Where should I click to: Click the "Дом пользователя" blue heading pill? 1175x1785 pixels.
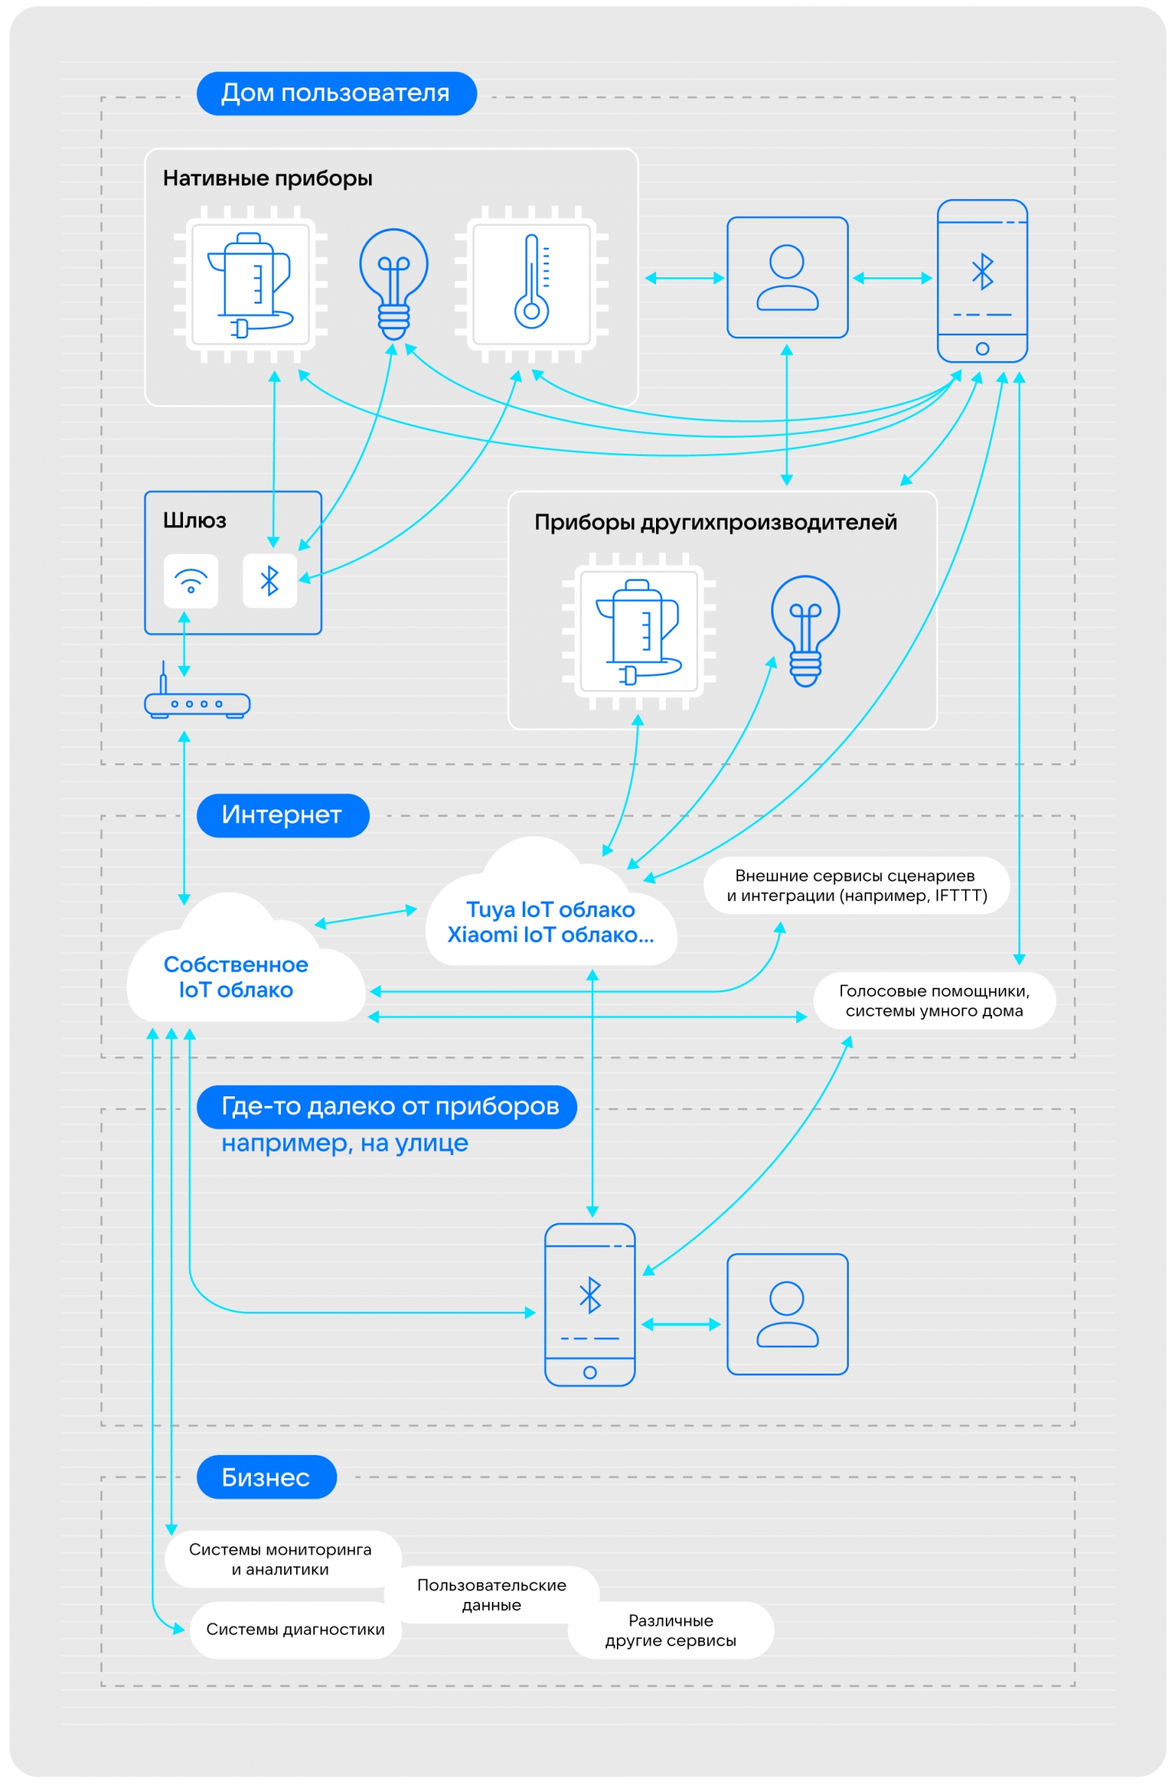click(x=336, y=93)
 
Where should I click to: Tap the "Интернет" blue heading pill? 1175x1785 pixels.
click(x=282, y=815)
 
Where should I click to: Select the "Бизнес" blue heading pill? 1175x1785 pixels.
click(x=266, y=1477)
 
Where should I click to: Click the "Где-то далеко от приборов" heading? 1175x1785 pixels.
click(x=386, y=1107)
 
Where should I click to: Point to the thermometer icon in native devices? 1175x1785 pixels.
click(x=532, y=284)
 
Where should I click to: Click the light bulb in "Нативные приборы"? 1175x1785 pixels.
click(x=393, y=284)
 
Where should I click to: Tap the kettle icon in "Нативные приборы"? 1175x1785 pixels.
click(x=251, y=284)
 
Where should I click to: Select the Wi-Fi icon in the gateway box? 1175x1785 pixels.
click(x=191, y=581)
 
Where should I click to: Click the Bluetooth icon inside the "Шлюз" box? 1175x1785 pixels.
click(x=270, y=581)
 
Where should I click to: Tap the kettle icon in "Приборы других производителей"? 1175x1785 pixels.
click(x=639, y=631)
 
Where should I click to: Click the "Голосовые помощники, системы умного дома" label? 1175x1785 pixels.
click(x=934, y=1001)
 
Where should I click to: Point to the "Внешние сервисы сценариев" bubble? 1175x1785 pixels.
click(x=856, y=885)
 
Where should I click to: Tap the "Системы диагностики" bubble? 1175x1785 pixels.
click(x=295, y=1630)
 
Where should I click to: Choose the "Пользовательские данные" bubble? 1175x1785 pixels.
click(x=492, y=1594)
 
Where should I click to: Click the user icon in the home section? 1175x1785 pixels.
click(x=787, y=277)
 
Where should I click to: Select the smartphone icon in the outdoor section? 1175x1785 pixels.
click(x=590, y=1304)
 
